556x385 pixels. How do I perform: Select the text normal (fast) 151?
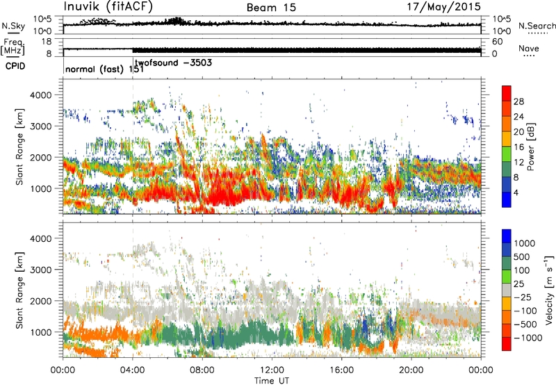point(104,70)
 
